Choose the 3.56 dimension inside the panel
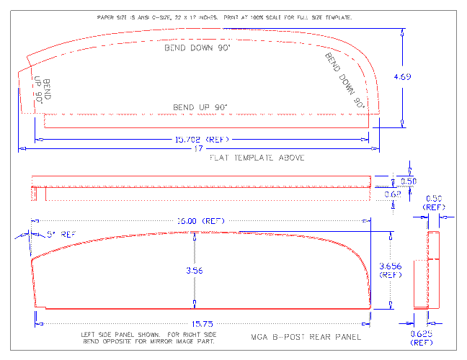pyautogui.click(x=194, y=270)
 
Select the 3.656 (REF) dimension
pyautogui.click(x=390, y=270)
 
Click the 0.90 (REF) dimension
pyautogui.click(x=435, y=202)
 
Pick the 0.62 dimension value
pyautogui.click(x=392, y=194)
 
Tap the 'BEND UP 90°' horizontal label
pyautogui.click(x=200, y=107)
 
